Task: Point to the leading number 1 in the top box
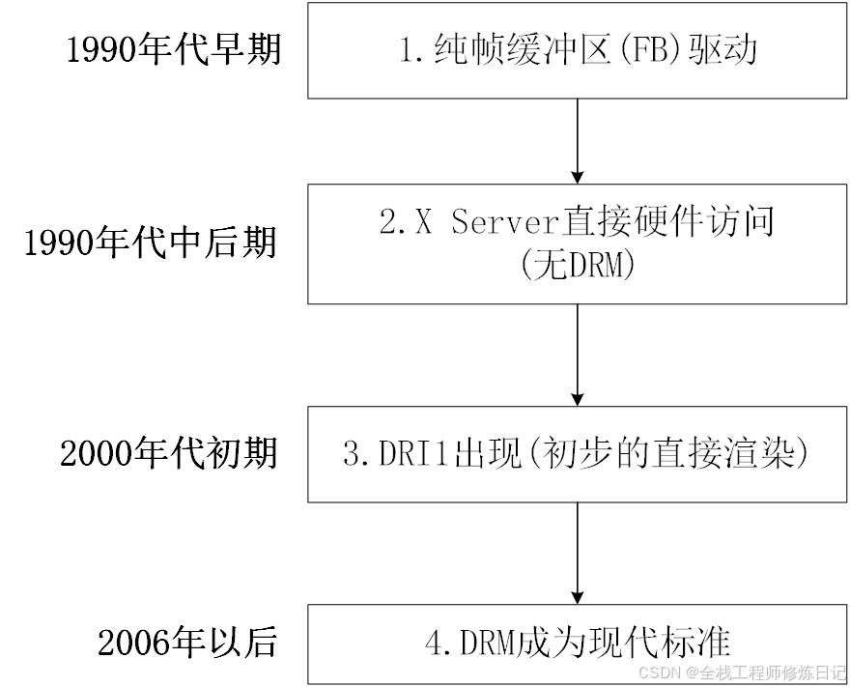(408, 50)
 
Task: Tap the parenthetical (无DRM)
(578, 265)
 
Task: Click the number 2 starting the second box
(387, 223)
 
